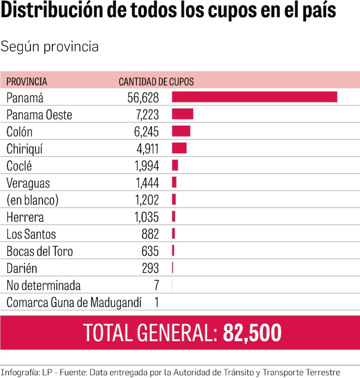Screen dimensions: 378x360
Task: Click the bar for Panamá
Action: tap(254, 97)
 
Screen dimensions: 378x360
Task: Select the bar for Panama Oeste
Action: tap(183, 114)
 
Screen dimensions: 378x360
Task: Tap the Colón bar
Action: tap(181, 131)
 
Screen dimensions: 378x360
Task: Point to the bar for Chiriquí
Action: tap(179, 148)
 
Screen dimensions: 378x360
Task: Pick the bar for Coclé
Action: tap(175, 165)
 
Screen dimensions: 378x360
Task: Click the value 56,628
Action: tap(143, 98)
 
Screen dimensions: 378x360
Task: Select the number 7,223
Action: tap(146, 115)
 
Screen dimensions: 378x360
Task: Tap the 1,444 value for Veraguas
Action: tap(147, 183)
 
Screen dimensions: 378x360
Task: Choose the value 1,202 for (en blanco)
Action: tap(147, 200)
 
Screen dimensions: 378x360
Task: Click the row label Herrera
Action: tap(25, 217)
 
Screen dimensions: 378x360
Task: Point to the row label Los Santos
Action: tap(31, 234)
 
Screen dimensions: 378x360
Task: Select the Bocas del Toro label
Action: tap(40, 251)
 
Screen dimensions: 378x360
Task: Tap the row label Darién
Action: tap(22, 268)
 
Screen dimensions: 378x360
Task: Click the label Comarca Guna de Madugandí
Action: tap(74, 303)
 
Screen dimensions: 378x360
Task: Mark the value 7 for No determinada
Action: tap(156, 286)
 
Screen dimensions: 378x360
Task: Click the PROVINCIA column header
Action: tap(27, 82)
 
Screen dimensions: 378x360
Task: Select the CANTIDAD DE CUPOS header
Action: tap(156, 82)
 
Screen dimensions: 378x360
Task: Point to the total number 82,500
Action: tap(252, 333)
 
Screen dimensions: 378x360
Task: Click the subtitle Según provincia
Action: tap(49, 47)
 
